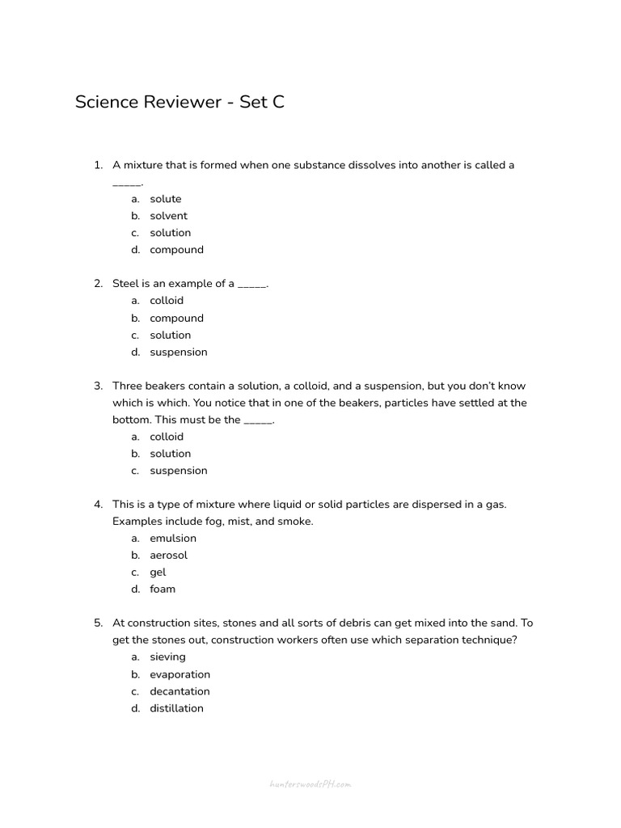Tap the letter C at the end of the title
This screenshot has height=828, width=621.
tap(278, 103)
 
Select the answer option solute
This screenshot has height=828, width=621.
tap(166, 199)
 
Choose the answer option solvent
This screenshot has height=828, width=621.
tap(168, 216)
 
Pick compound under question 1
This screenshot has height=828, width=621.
tap(176, 250)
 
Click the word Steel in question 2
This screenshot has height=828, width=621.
tap(126, 284)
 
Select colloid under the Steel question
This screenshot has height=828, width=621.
tap(167, 301)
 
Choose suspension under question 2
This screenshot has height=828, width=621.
tap(178, 352)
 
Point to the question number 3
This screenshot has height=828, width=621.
tap(98, 386)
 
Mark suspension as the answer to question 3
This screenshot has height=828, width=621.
tap(178, 471)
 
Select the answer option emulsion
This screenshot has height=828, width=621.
tap(173, 539)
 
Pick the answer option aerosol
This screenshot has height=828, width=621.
tap(168, 556)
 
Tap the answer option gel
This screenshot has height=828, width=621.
tap(158, 572)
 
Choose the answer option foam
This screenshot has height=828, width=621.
tap(163, 589)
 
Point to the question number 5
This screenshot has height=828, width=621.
tap(98, 623)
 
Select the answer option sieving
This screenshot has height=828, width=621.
tap(167, 657)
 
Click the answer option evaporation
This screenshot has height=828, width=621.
tap(180, 674)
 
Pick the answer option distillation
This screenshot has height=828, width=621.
tap(176, 708)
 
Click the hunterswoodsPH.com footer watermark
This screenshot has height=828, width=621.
tap(310, 784)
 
